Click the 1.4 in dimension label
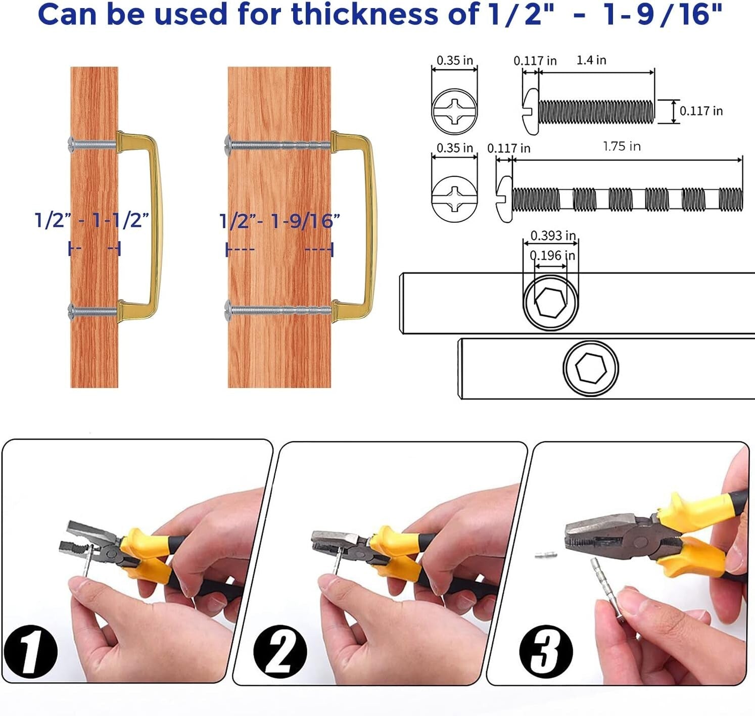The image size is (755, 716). (591, 60)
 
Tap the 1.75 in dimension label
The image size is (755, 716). (622, 146)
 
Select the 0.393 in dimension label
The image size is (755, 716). (553, 235)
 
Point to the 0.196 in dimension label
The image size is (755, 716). (553, 256)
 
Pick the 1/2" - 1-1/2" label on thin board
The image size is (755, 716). (91, 220)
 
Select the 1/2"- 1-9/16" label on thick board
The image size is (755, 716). (279, 221)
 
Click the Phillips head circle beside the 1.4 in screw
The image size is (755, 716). (455, 111)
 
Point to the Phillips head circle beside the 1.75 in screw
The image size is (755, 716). (455, 199)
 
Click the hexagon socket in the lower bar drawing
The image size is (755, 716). (591, 368)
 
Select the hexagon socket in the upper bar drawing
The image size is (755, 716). (551, 302)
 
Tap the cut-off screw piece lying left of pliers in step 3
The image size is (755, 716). (546, 555)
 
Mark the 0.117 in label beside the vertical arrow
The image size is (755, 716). (701, 111)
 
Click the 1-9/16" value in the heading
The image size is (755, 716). (663, 14)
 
